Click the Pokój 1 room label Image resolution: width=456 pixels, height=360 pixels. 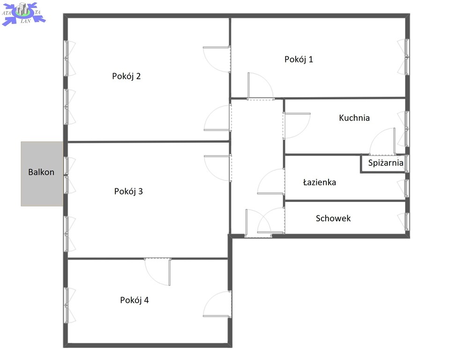(x=299, y=60)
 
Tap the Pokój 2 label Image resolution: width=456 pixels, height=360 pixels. (x=127, y=76)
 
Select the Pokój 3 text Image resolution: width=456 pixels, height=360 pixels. (x=128, y=191)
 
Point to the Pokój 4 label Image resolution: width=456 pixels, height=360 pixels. (x=135, y=300)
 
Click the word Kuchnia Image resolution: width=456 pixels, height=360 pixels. (x=354, y=118)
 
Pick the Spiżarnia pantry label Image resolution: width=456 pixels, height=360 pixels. (x=386, y=163)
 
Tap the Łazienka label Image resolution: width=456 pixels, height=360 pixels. (x=319, y=182)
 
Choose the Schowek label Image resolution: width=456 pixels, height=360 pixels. (x=333, y=218)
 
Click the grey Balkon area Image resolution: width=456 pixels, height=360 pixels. (x=42, y=174)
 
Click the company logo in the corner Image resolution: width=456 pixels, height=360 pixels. (x=23, y=14)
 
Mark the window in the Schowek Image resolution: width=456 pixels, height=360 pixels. (x=407, y=222)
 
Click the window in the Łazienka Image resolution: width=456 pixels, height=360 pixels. (x=407, y=188)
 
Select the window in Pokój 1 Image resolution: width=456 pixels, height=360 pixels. (x=407, y=57)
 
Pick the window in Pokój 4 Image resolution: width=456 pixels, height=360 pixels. (x=67, y=305)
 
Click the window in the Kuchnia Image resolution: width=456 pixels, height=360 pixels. (x=407, y=129)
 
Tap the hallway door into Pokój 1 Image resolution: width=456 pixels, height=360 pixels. (x=260, y=86)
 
